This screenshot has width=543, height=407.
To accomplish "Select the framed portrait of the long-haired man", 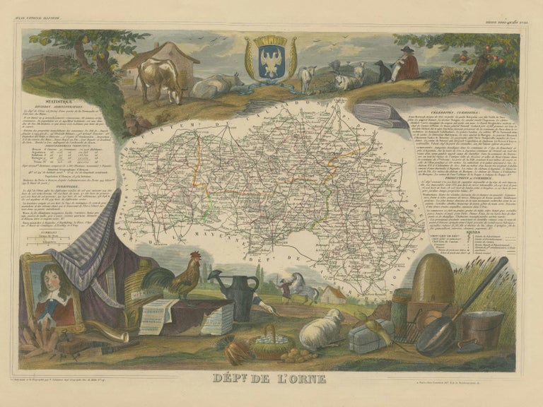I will click(51, 290).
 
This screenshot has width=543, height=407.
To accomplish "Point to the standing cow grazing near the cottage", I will click(159, 78).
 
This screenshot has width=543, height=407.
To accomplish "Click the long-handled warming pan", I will click(452, 318).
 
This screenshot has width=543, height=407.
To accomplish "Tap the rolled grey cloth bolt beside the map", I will click(385, 115).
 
